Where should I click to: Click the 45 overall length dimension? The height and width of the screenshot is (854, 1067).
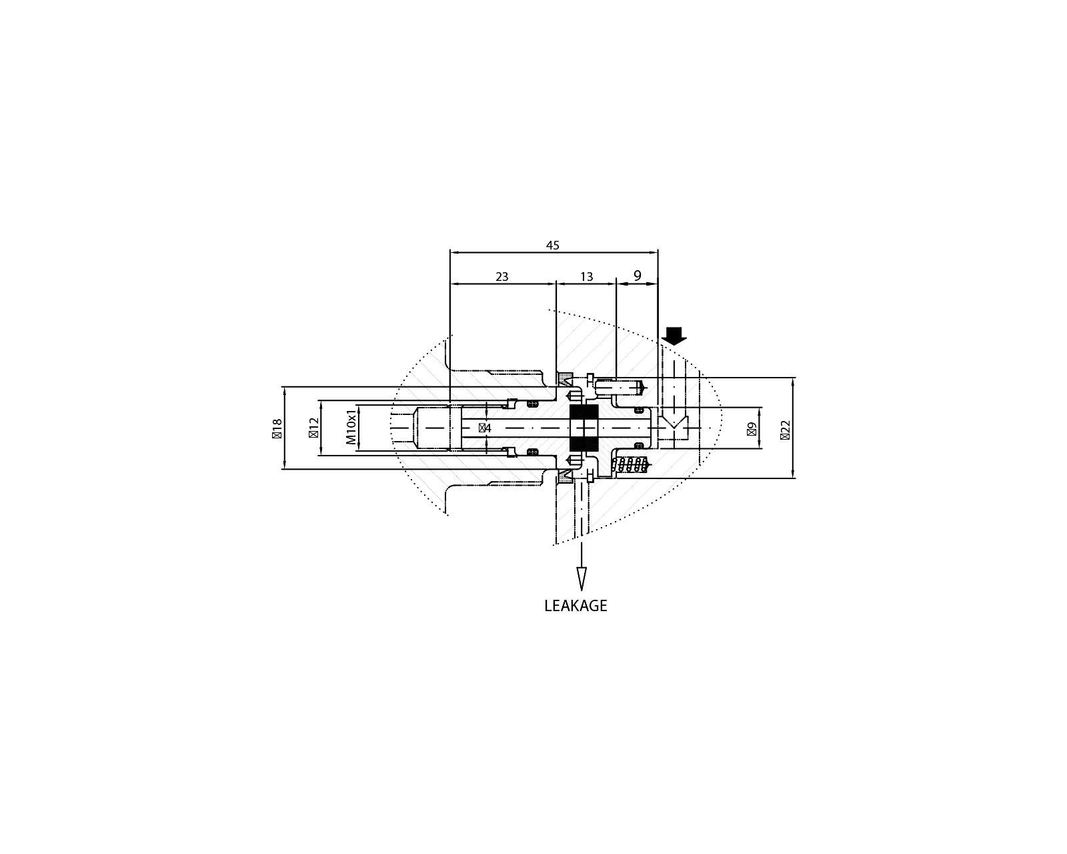pos(552,246)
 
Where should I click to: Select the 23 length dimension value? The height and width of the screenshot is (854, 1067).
pos(502,276)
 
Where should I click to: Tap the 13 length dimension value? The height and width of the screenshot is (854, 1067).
pos(586,276)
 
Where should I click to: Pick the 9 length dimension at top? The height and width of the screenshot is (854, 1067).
pos(637,276)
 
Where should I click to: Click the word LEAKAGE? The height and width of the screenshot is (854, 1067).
pos(576,606)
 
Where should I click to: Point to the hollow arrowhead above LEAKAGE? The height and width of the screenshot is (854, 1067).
pos(582,578)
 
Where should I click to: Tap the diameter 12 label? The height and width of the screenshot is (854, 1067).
pos(313,428)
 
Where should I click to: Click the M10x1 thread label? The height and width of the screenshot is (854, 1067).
pos(351,428)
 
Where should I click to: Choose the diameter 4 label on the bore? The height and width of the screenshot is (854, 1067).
pos(485,428)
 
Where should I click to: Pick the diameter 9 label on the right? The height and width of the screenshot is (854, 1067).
pos(752,428)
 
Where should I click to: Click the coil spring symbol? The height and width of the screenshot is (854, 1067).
pos(631,465)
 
